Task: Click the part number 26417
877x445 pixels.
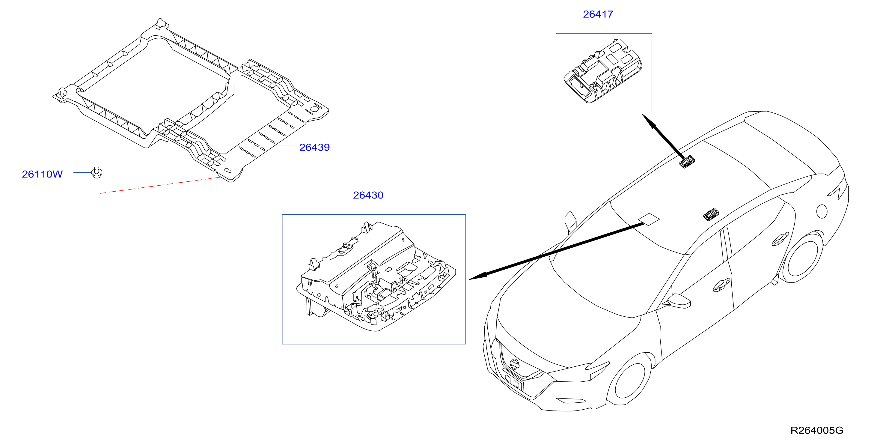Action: click(598, 14)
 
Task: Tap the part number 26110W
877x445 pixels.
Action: click(42, 174)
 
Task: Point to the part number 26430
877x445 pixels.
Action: click(368, 195)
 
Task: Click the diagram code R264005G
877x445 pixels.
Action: click(816, 430)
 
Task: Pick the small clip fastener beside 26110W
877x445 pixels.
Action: click(97, 173)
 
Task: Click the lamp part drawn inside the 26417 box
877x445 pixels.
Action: click(602, 71)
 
